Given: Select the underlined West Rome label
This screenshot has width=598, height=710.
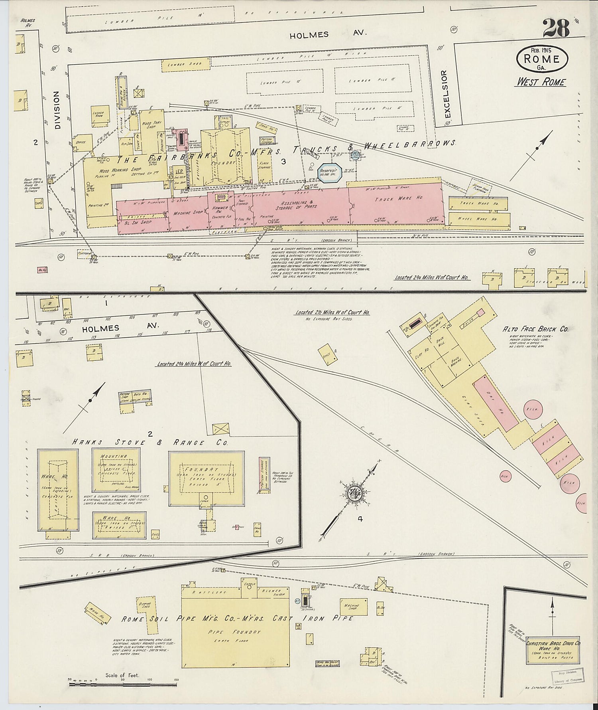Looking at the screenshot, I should (x=541, y=82).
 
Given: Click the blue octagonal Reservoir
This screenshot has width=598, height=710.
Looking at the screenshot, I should (x=330, y=172).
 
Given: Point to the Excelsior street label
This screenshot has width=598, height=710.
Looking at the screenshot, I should (x=447, y=95).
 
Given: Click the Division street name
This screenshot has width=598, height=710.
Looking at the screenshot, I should (x=57, y=109).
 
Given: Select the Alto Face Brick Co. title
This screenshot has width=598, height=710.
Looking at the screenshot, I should (x=535, y=329).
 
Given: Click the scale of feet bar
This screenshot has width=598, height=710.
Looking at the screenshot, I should (x=123, y=684).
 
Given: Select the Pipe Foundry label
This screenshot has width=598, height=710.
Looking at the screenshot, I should (x=234, y=632).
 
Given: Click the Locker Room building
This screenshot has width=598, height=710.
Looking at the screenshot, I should (x=98, y=115).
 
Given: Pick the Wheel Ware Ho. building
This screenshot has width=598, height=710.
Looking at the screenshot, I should (x=479, y=219).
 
